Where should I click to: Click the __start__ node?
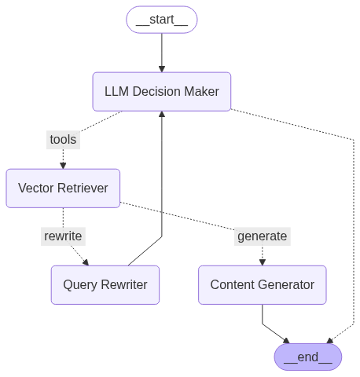pos(162,20)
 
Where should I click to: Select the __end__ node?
pos(308,357)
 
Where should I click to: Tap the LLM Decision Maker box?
pos(162,92)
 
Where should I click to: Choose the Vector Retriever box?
pos(63,188)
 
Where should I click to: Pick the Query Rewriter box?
pos(105,285)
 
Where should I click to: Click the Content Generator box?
pos(263,285)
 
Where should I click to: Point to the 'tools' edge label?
pos(63,140)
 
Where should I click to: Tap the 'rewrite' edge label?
pos(63,236)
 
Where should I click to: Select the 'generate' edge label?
pos(263,236)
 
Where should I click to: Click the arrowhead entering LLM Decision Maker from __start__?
pos(162,69)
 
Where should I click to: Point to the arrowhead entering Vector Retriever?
pos(63,166)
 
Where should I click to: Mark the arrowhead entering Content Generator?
pos(263,262)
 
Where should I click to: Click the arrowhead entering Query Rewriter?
pos(86,262)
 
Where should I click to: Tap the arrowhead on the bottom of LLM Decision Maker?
pos(162,115)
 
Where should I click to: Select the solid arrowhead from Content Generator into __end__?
pos(287,341)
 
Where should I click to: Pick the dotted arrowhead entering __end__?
pos(329,341)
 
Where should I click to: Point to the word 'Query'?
pos(80,285)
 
